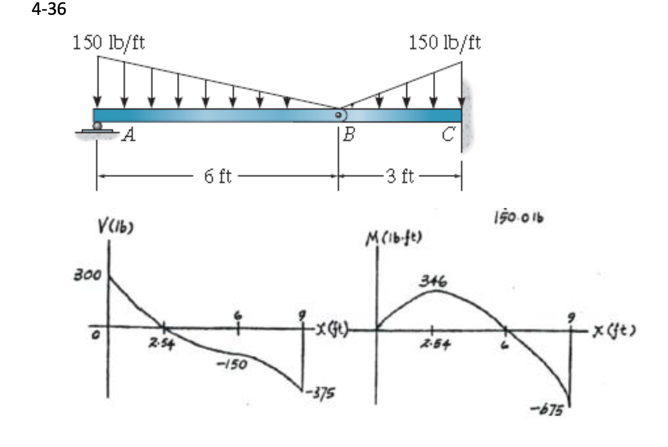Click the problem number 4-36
49,9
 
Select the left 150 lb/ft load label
109,43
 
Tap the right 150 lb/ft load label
445,43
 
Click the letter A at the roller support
129,134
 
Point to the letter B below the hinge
349,134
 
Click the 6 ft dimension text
218,176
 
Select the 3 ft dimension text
400,176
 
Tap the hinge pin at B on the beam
338,115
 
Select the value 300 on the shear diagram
87,275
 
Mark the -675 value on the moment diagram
546,409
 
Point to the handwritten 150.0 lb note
519,217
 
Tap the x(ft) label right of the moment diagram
614,329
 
